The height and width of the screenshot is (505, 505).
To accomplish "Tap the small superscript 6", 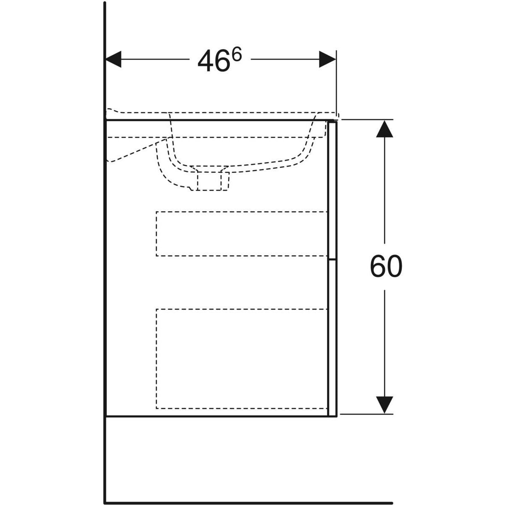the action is click(237, 56).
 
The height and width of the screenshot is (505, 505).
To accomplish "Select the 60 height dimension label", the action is click(386, 266).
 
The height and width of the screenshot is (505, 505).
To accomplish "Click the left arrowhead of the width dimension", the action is click(113, 59).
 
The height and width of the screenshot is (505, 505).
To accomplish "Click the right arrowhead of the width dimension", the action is click(327, 59).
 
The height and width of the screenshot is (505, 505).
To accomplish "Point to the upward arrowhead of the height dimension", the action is click(385, 129).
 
